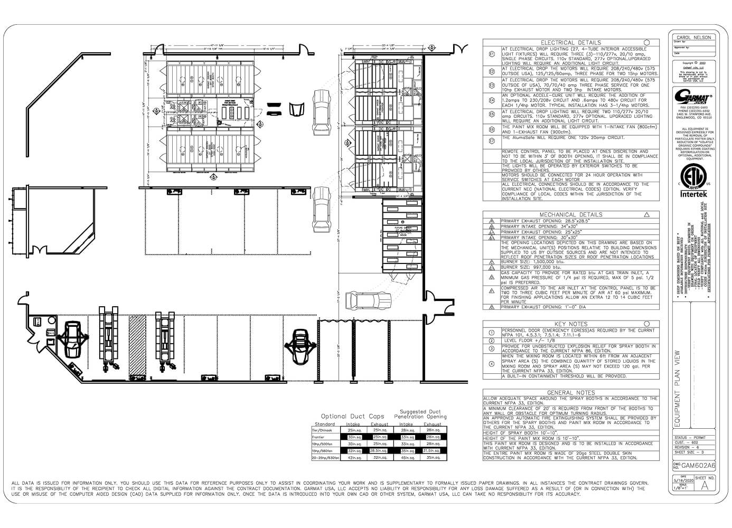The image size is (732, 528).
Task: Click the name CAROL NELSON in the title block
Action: tap(693, 37)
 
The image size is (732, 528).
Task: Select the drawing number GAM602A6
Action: tap(698, 466)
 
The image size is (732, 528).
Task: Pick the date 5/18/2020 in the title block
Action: tap(682, 480)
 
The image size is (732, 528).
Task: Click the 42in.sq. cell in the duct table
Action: tap(353, 458)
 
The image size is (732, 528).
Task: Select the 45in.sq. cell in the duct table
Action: tap(406, 458)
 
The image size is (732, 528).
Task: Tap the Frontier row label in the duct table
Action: tap(318, 437)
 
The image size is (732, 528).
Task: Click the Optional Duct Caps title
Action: tap(352, 416)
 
